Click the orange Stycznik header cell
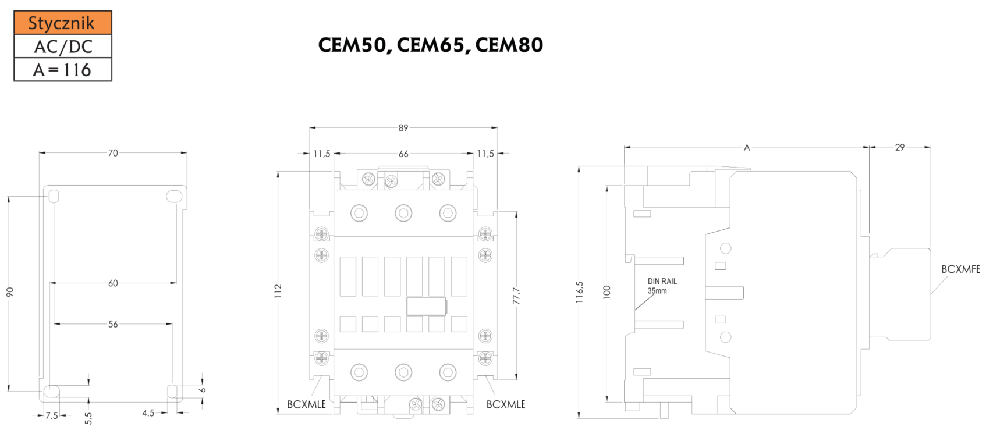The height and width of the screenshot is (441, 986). tap(62, 23)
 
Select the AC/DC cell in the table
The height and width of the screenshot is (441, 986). tap(62, 47)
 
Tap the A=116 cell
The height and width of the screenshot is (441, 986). tap(62, 70)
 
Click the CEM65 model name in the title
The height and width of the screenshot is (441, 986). tap(431, 45)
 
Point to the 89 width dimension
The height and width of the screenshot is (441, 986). tap(403, 127)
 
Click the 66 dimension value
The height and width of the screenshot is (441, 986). tap(403, 154)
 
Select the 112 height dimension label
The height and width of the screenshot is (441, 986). tap(278, 291)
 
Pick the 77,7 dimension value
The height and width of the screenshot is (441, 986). tap(516, 296)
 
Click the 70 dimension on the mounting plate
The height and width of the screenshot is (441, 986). tap(113, 153)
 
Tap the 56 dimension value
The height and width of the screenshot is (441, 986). tap(113, 324)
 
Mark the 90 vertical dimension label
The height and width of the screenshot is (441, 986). tap(10, 291)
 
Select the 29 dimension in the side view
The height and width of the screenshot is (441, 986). tap(900, 147)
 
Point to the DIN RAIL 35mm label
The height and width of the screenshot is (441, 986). tap(662, 286)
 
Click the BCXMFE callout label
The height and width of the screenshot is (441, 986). tap(960, 269)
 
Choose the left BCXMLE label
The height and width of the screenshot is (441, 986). tap(306, 404)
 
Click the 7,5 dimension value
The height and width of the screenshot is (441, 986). tap(52, 415)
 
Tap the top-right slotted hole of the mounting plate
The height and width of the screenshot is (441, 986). tap(173, 197)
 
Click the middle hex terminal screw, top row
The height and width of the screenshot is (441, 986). tap(403, 213)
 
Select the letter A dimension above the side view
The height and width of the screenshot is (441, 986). tap(747, 148)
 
